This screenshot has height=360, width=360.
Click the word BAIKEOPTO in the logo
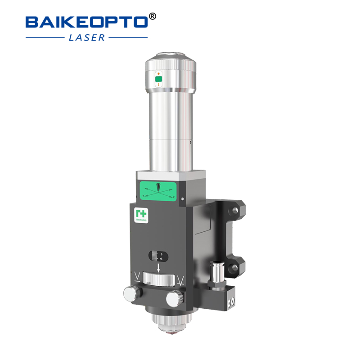(85, 22)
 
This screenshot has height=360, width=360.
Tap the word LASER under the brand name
(87, 38)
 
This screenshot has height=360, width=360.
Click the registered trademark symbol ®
(152, 17)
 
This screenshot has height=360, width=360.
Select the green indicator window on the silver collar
(158, 80)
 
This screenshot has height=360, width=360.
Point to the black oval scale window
(157, 256)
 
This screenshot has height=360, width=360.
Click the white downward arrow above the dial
(158, 269)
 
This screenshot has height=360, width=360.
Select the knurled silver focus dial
(158, 280)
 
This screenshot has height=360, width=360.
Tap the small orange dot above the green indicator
(158, 73)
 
